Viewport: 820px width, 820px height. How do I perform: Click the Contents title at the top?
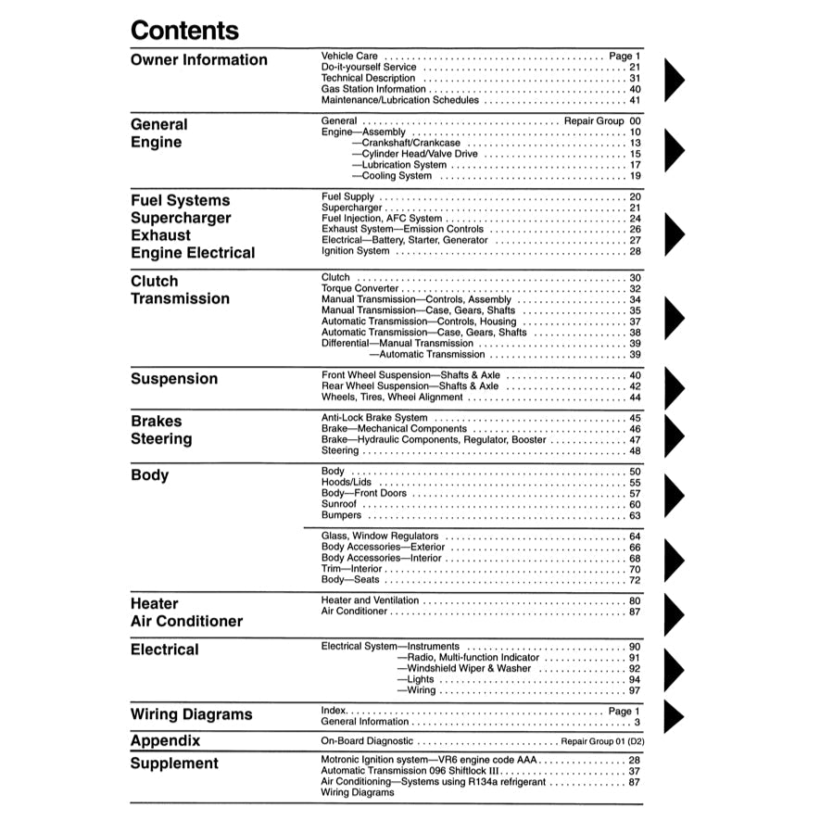pyautogui.click(x=184, y=30)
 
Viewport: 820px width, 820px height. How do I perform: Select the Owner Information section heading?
pyautogui.click(x=198, y=60)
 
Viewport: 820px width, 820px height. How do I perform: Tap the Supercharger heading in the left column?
pyautogui.click(x=180, y=218)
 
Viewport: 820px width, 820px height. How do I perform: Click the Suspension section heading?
pyautogui.click(x=174, y=379)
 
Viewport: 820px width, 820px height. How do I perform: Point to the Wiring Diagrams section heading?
pyautogui.click(x=191, y=714)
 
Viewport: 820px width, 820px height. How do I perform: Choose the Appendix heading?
pyautogui.click(x=165, y=741)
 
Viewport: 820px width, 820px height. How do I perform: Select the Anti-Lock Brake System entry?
pyautogui.click(x=374, y=418)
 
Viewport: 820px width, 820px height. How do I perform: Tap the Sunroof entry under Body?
pyautogui.click(x=339, y=504)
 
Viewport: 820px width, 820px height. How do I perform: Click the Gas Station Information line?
pyautogui.click(x=373, y=89)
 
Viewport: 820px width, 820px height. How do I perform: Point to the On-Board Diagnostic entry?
pyautogui.click(x=367, y=742)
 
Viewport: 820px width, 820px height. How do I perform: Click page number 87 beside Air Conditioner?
pyautogui.click(x=635, y=612)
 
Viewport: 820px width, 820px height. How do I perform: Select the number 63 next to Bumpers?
pyautogui.click(x=635, y=516)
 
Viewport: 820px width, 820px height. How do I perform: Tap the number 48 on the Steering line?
pyautogui.click(x=635, y=451)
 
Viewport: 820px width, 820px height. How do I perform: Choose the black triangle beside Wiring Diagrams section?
pyautogui.click(x=674, y=716)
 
